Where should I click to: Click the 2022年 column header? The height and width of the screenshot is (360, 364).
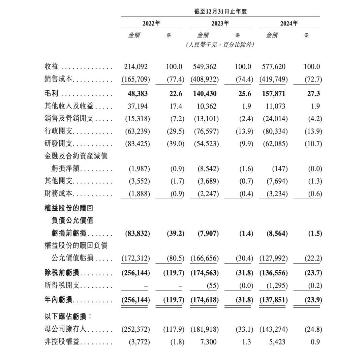point(151,24)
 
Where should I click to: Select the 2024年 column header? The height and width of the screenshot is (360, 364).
point(289,24)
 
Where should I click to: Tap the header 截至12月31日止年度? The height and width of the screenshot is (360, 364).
point(220,11)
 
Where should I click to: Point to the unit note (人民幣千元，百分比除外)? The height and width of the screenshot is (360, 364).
point(220,44)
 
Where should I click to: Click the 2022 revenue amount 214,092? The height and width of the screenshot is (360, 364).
point(135,67)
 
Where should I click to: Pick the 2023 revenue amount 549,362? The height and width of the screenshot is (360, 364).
point(205,67)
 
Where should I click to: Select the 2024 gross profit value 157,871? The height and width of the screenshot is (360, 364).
point(273,94)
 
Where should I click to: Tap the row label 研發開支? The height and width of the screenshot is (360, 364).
point(59,144)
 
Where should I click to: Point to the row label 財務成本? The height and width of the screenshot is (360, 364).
point(59,194)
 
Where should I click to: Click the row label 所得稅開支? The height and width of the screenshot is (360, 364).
point(62,286)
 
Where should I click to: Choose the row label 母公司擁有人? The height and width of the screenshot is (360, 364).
point(65,329)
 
